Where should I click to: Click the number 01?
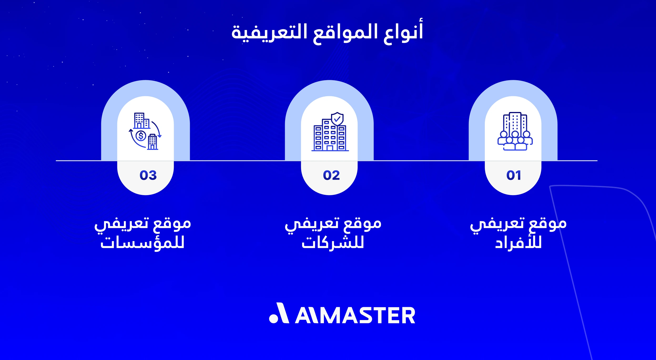tap(513, 175)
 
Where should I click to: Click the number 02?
tap(331, 175)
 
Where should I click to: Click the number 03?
tap(148, 175)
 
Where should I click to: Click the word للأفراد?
tap(518, 243)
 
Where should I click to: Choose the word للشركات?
tap(333, 243)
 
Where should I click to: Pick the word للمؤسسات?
tap(142, 243)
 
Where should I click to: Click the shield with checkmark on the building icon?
tap(337, 119)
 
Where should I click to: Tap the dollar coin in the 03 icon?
tap(141, 136)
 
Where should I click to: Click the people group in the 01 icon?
tap(515, 141)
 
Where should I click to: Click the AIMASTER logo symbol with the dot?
tap(279, 313)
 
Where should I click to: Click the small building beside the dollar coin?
tap(152, 142)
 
